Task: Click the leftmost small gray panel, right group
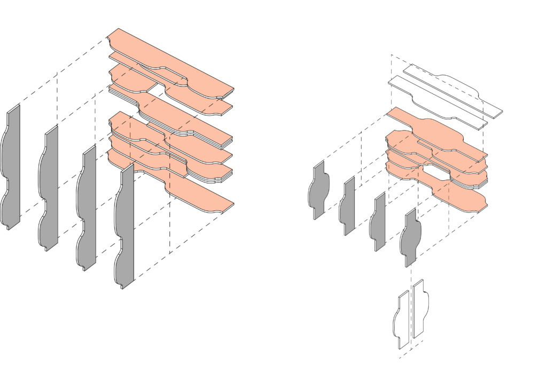319,190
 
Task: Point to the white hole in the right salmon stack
436,172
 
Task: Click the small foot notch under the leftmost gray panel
9,228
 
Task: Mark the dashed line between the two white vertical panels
410,320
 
